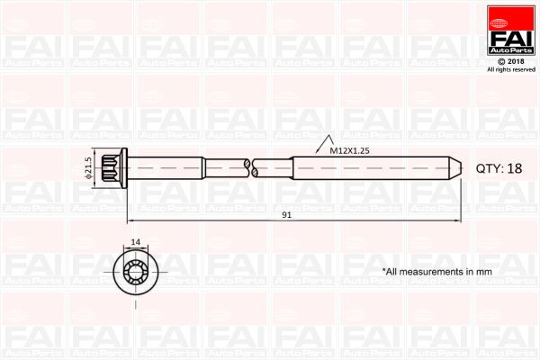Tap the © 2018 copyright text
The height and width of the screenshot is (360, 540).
[x=510, y=59]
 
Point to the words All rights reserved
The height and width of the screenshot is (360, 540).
[x=510, y=69]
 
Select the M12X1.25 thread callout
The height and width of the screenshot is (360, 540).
[x=348, y=151]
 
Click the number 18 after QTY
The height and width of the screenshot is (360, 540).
[x=514, y=168]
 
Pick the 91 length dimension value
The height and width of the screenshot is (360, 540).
[x=286, y=214]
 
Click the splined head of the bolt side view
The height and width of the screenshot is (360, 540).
[x=113, y=167]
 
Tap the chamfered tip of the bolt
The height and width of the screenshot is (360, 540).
[x=456, y=167]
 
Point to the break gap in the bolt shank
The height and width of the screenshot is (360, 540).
[x=250, y=167]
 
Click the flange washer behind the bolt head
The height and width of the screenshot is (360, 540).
[x=125, y=167]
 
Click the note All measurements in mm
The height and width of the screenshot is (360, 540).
[x=436, y=270]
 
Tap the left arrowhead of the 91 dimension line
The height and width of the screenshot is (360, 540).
[x=131, y=221]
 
